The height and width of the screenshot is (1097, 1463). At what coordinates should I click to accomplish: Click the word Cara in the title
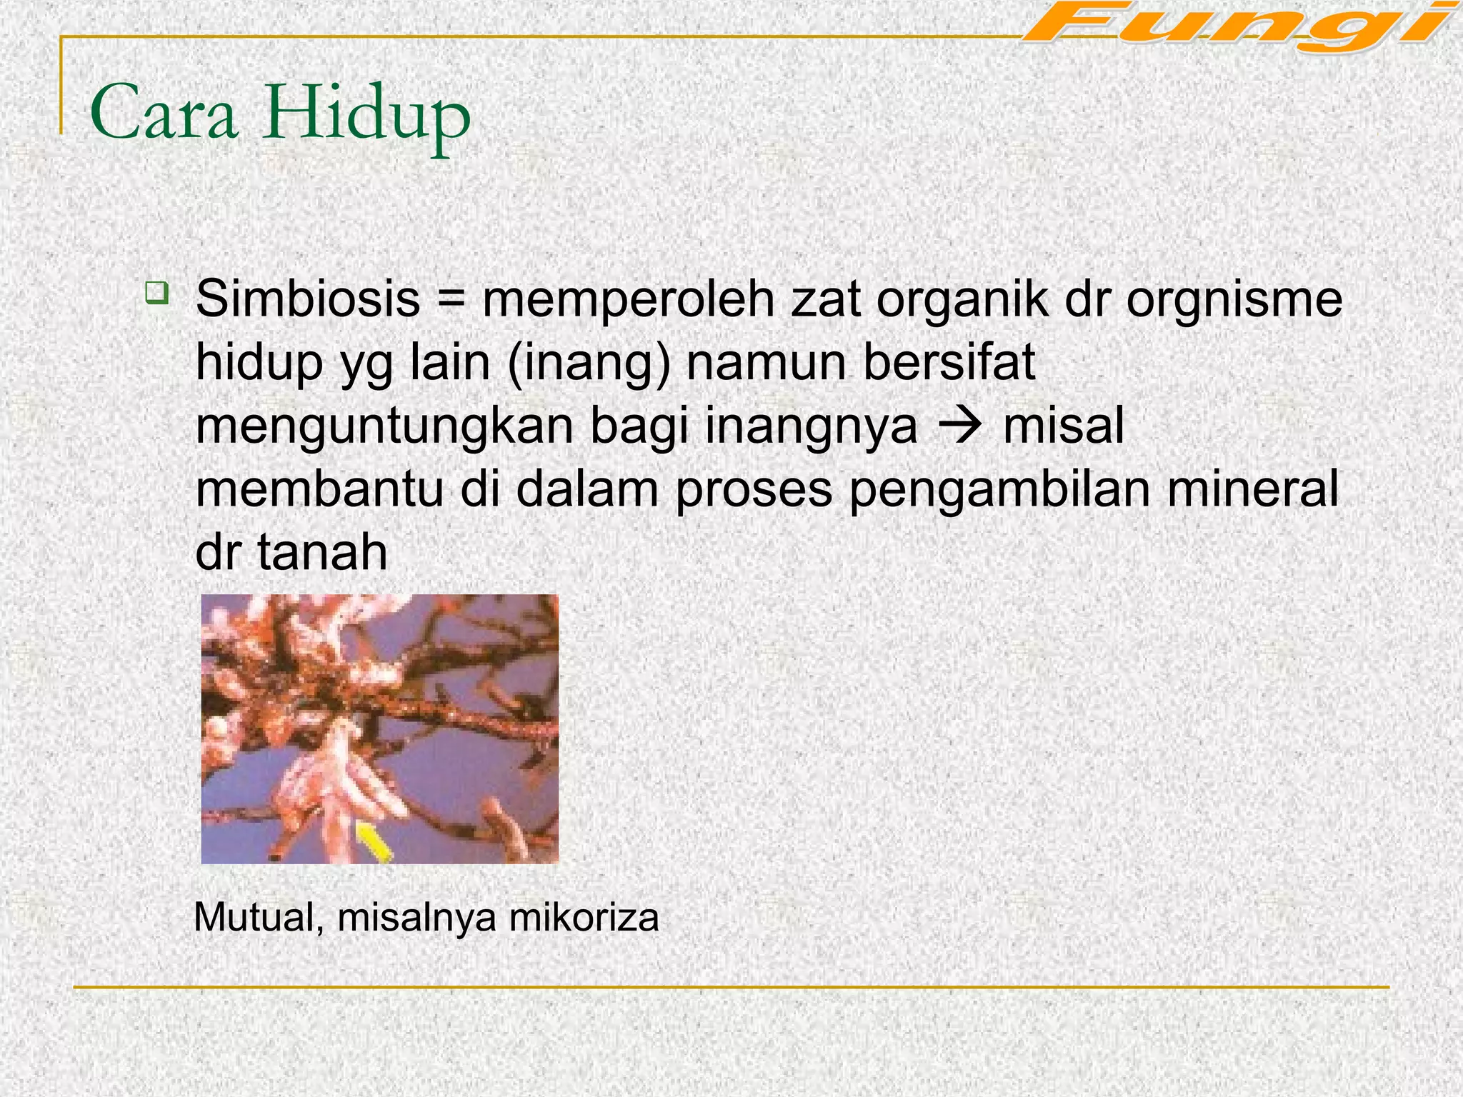tap(164, 114)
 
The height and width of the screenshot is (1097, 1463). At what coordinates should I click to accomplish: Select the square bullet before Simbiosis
tap(156, 291)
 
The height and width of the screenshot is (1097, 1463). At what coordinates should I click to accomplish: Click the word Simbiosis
tap(308, 299)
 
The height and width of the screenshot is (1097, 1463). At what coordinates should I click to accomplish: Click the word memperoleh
tap(628, 299)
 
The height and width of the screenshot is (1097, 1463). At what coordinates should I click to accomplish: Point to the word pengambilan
tap(999, 490)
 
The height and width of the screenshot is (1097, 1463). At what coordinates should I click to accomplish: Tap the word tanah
tap(322, 552)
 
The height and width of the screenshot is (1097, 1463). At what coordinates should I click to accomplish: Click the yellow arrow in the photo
tap(374, 841)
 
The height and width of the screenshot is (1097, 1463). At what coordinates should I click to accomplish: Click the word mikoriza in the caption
tap(584, 917)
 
